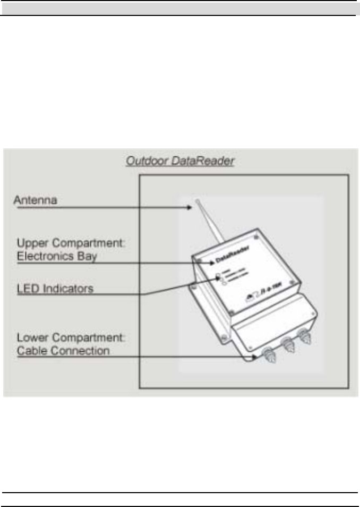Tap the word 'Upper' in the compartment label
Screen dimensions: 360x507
[32, 242]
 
